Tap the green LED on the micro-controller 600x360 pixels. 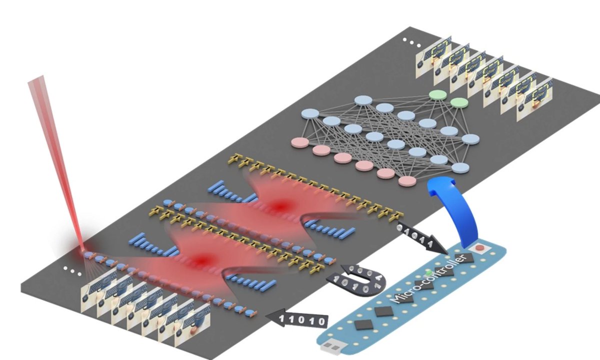click(428, 273)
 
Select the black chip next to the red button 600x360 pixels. click(468, 258)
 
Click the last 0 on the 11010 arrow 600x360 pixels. click(322, 320)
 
